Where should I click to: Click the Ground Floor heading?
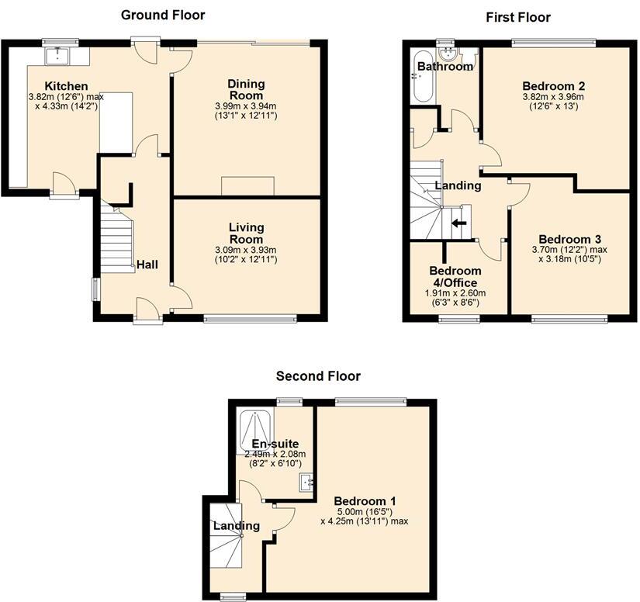[163, 15]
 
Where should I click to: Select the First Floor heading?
[517, 16]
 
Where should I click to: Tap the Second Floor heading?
[318, 376]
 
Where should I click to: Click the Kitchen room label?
[66, 85]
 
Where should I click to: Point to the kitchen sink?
[58, 55]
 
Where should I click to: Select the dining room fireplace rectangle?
[247, 186]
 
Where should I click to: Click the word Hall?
[147, 265]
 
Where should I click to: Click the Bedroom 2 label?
[553, 85]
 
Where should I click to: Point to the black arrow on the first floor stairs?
[460, 223]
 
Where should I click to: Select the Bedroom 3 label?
[570, 239]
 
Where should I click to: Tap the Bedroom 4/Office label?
[455, 276]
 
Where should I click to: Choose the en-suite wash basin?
[306, 483]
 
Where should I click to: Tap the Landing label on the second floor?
[237, 525]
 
